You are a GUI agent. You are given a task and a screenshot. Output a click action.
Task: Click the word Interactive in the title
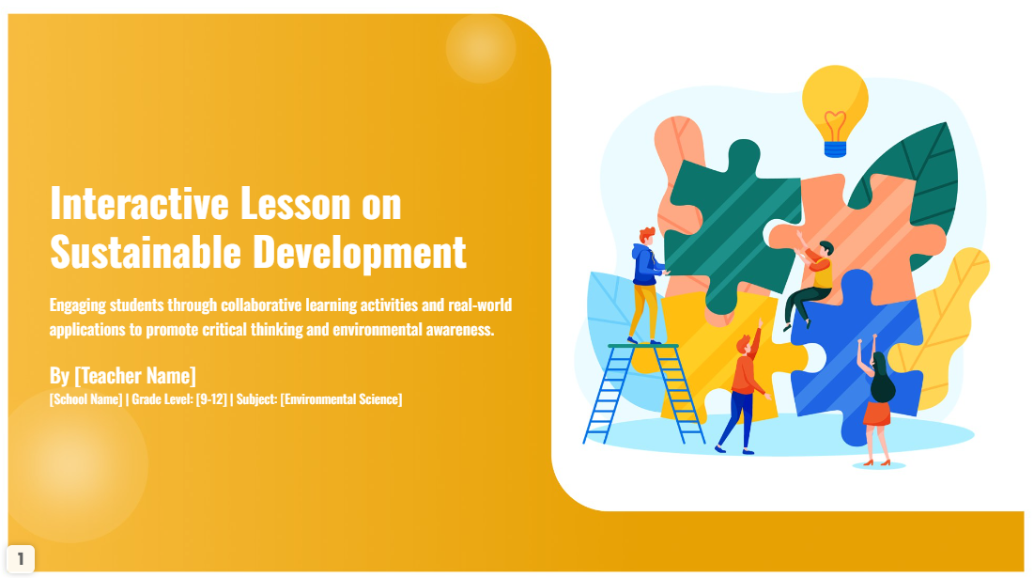[x=139, y=203]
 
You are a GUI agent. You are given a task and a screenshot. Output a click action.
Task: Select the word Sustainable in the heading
[x=145, y=252]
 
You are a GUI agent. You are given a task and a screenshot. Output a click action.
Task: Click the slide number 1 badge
[x=21, y=559]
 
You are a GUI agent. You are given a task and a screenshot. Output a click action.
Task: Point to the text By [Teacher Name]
[x=123, y=375]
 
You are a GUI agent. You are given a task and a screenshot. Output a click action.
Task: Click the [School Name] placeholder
[x=85, y=399]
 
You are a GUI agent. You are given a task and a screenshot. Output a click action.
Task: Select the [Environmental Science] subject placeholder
[x=341, y=399]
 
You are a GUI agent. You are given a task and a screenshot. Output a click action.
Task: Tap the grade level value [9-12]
[x=211, y=399]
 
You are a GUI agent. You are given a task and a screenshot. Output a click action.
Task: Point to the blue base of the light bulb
[x=836, y=149]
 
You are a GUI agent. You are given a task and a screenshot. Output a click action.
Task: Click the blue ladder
[x=643, y=393]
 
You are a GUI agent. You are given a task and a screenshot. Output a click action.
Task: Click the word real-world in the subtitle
[x=480, y=305]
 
